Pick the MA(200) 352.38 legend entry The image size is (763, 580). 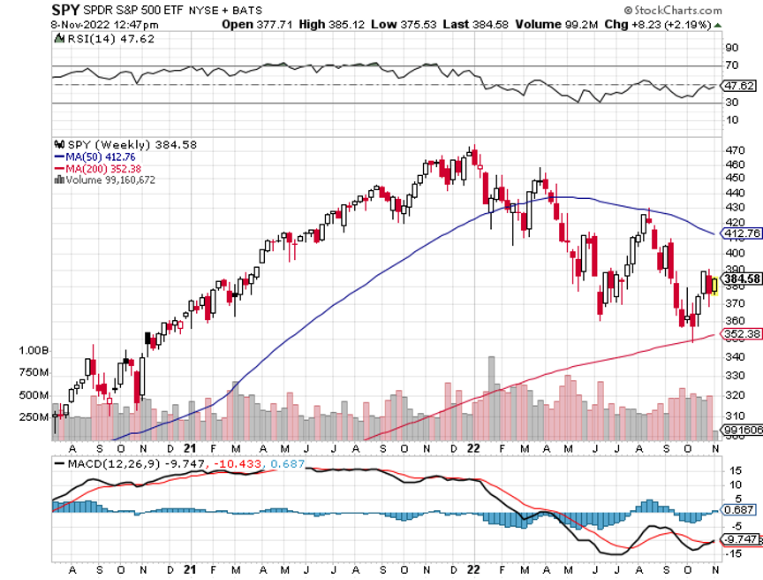click(x=95, y=168)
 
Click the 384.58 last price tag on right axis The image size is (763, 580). click(x=740, y=279)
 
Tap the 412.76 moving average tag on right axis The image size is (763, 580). click(x=740, y=233)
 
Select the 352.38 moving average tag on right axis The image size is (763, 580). click(x=740, y=334)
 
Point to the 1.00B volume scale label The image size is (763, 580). click(x=34, y=351)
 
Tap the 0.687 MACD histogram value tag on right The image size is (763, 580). click(x=738, y=509)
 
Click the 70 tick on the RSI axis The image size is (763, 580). click(x=731, y=65)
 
